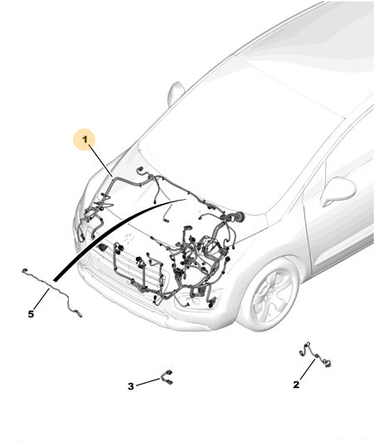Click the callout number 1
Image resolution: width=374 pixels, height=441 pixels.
click(85, 139)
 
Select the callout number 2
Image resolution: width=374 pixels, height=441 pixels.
click(296, 385)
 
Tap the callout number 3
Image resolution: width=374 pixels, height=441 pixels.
click(131, 386)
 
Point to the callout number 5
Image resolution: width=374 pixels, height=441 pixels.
click(31, 314)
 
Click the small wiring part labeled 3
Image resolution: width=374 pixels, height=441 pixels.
click(167, 376)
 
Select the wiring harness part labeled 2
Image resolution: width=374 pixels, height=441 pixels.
click(315, 356)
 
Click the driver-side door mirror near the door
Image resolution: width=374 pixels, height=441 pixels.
click(338, 190)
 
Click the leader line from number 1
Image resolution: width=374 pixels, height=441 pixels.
click(101, 160)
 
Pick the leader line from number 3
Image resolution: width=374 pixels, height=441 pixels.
click(148, 382)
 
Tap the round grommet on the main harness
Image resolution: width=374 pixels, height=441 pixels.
click(238, 217)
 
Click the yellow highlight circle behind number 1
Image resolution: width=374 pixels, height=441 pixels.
click(85, 139)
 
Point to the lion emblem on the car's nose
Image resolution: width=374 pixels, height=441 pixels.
click(129, 239)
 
